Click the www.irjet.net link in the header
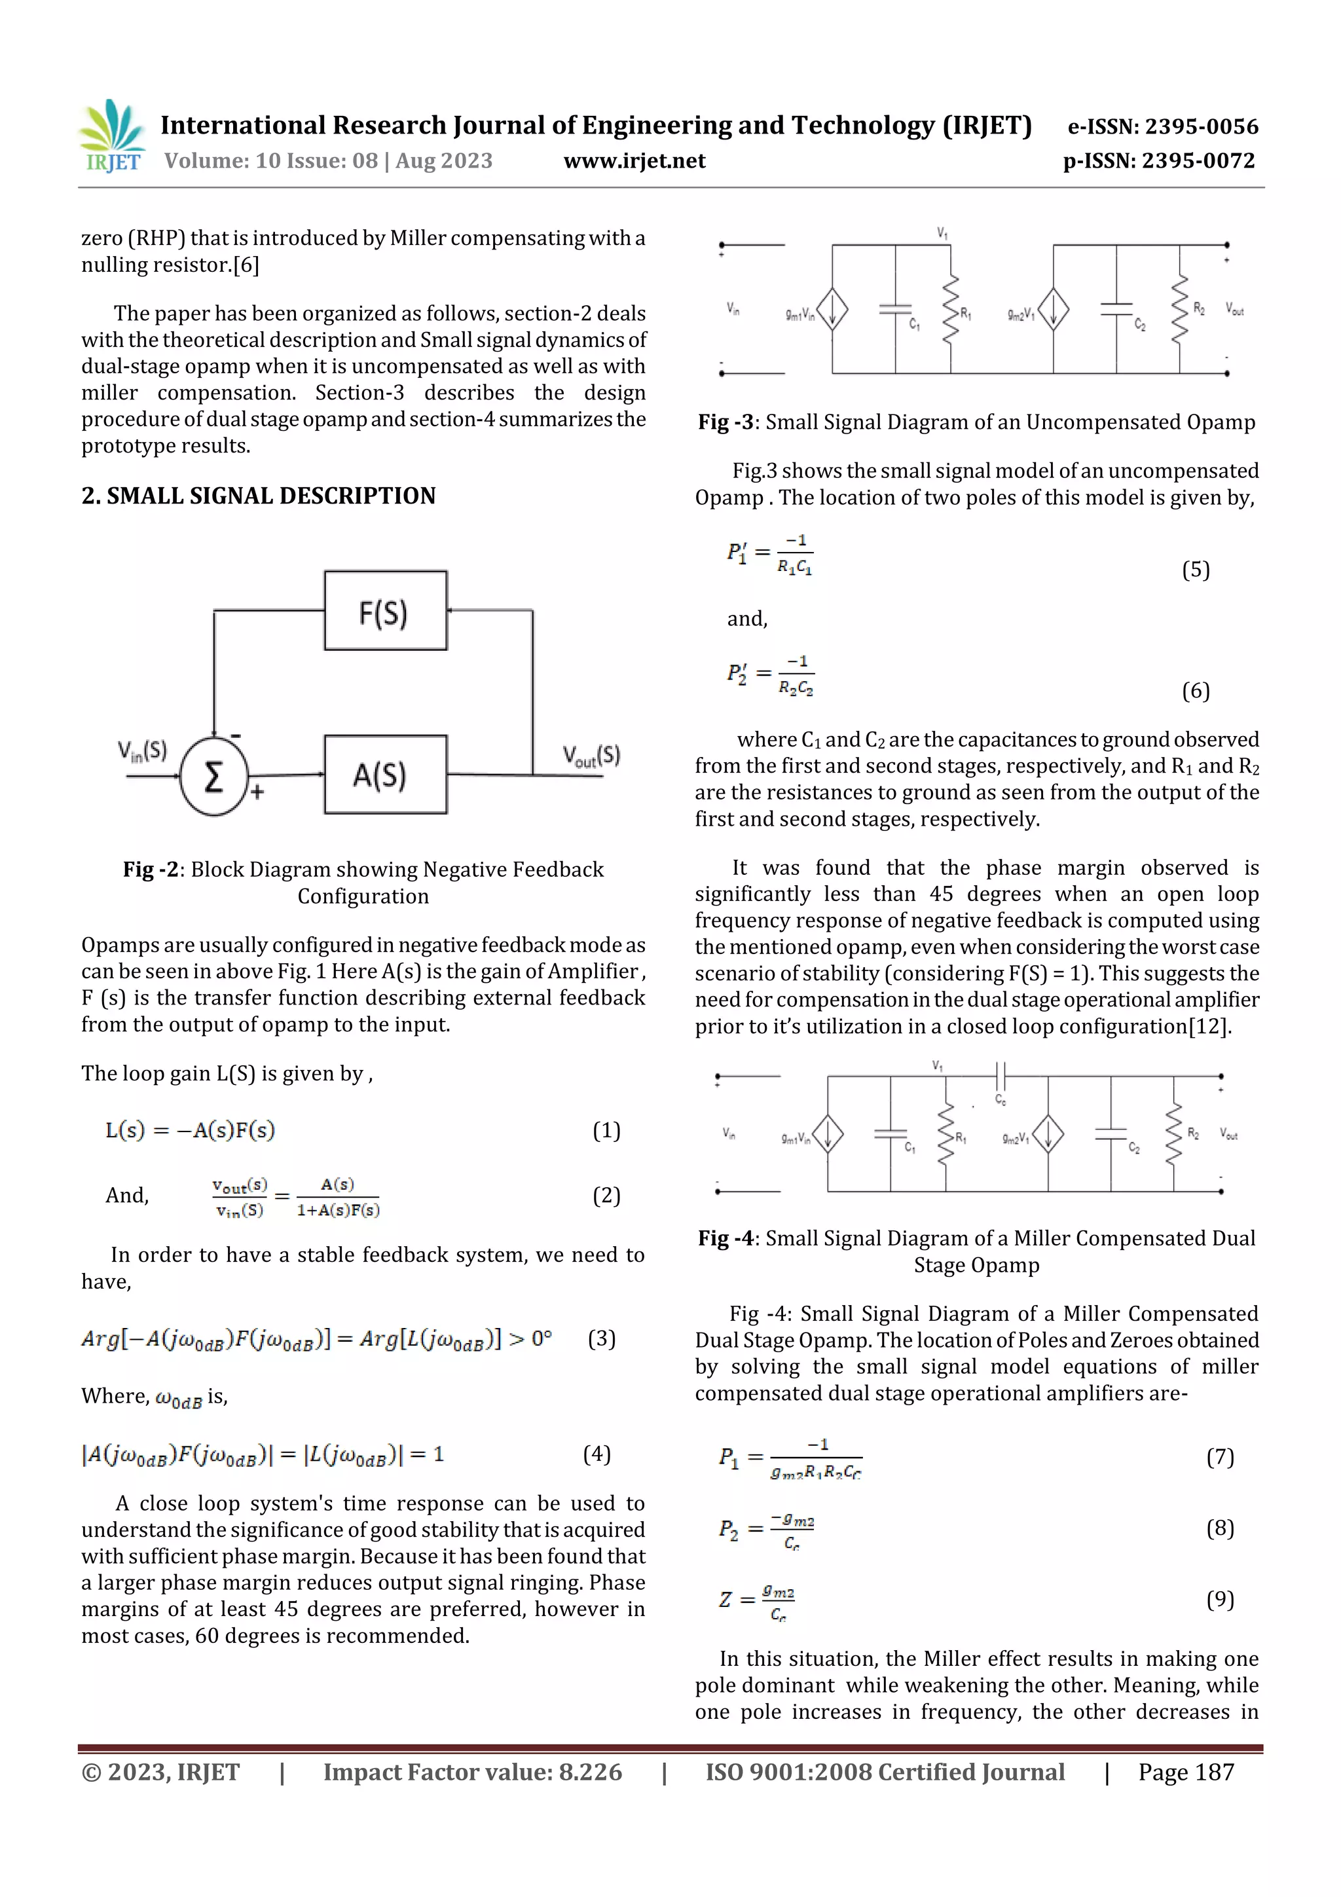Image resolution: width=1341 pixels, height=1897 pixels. coord(634,161)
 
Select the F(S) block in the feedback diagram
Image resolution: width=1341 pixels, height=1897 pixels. coord(385,610)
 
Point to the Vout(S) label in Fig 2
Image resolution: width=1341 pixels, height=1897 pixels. coord(591,755)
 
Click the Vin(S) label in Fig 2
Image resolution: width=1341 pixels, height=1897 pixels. coord(142,751)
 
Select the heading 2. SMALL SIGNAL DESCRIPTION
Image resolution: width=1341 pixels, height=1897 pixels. coord(258,496)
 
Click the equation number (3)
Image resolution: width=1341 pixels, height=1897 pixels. coord(602,1338)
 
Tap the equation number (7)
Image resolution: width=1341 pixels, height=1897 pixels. coord(1220,1456)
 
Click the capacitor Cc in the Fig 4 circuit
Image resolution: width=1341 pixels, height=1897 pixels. coord(1000,1077)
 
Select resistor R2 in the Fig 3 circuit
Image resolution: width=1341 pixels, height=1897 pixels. coord(1180,308)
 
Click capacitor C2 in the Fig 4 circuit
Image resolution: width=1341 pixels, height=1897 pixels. coord(1111,1133)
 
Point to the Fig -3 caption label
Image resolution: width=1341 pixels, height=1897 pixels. coord(726,422)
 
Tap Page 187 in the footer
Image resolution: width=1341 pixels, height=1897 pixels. coord(1186,1772)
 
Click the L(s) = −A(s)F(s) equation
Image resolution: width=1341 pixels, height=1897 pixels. coord(190,1130)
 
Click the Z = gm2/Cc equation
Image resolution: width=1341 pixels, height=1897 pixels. coord(757,1600)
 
